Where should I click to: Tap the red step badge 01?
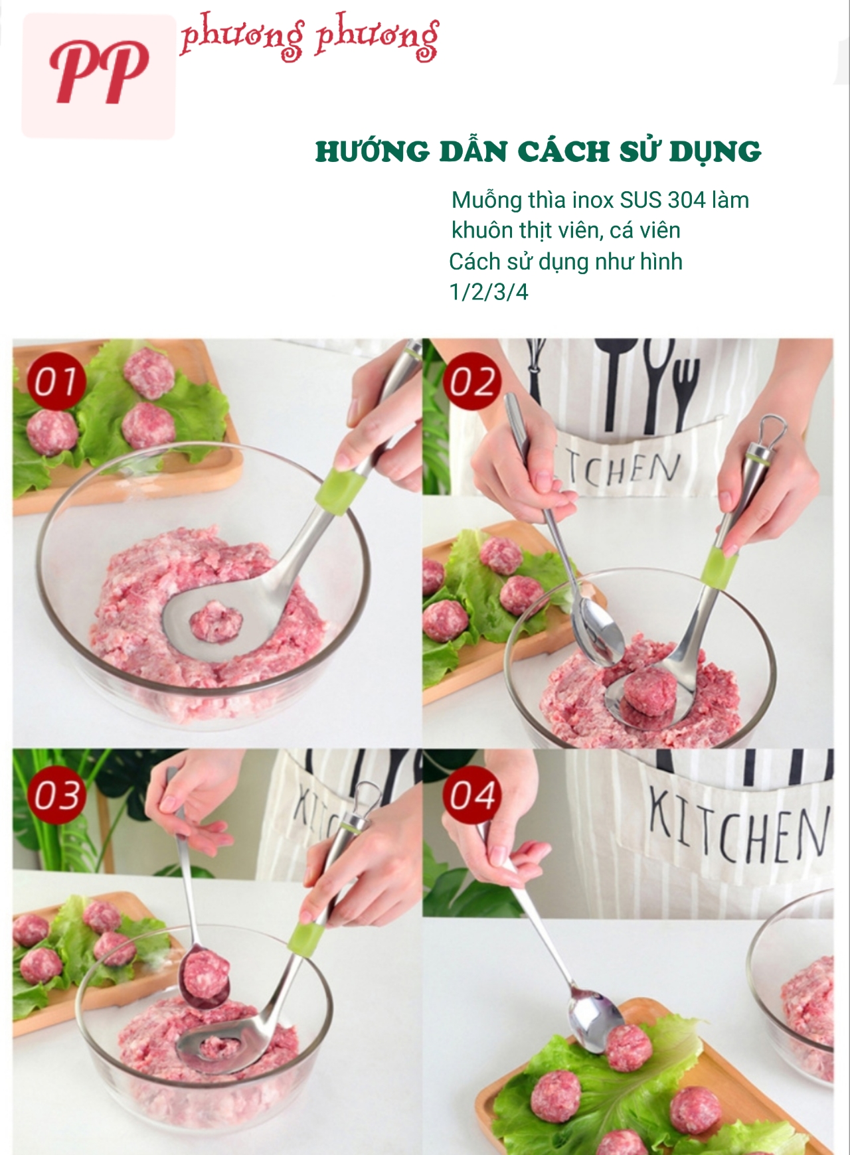[56, 382]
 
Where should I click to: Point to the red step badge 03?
[57, 795]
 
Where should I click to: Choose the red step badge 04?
[472, 795]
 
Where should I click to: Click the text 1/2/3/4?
[489, 292]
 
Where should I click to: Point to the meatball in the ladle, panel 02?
[651, 690]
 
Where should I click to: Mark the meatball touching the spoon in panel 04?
[628, 1048]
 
